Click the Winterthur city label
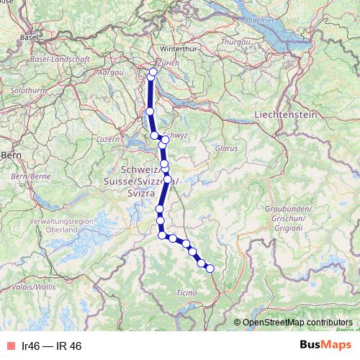click(x=179, y=48)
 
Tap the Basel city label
click(x=29, y=36)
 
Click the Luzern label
click(x=107, y=138)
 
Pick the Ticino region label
click(x=186, y=292)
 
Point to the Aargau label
click(x=110, y=73)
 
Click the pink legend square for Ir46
click(x=9, y=346)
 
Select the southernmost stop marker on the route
click(x=210, y=269)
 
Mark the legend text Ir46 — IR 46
click(x=52, y=346)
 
